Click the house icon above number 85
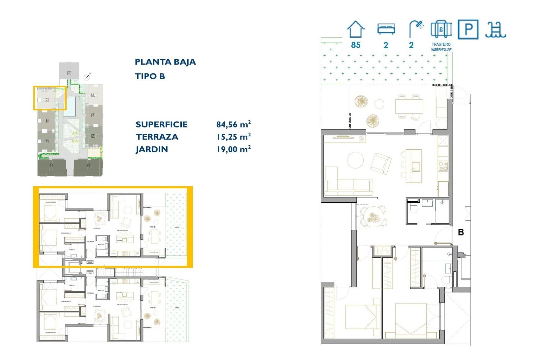355,29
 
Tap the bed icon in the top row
386,29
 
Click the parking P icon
468,29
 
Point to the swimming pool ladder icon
496,30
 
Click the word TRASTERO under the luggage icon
441,44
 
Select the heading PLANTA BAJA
165,62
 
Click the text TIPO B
150,76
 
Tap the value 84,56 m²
233,124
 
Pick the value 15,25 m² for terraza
233,137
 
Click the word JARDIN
152,149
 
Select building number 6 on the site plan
69,73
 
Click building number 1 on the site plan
51,166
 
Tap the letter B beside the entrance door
461,232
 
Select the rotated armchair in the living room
381,164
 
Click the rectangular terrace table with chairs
409,106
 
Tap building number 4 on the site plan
93,115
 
